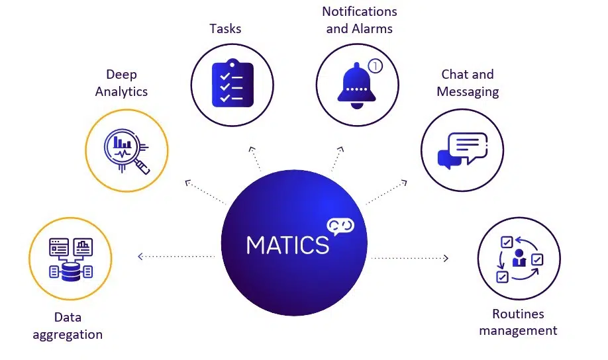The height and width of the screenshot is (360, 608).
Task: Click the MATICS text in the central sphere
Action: (287, 244)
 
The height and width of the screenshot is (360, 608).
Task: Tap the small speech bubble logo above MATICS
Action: (340, 226)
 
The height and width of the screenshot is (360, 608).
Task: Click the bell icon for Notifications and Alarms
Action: (356, 84)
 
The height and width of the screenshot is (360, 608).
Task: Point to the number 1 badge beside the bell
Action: (376, 66)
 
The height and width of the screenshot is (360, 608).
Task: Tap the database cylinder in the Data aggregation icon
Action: (70, 271)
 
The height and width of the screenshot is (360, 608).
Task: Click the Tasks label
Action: (225, 28)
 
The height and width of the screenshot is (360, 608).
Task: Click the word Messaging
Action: (468, 91)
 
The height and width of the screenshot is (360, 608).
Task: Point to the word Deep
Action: (121, 74)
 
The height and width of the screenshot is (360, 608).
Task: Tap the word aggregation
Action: (68, 334)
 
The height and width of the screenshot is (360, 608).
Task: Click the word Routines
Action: (518, 314)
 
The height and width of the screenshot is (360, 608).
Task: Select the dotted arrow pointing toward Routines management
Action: (411, 257)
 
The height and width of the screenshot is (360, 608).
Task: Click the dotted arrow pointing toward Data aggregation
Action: (176, 256)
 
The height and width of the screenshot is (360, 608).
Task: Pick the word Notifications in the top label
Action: (360, 12)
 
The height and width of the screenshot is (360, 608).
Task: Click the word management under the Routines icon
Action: (518, 330)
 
